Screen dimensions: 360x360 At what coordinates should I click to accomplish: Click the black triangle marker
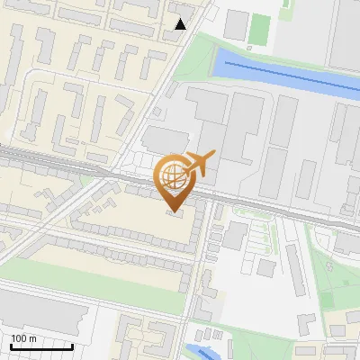181,24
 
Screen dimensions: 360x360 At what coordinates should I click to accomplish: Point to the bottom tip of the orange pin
173,212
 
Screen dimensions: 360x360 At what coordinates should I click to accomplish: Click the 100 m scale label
23,338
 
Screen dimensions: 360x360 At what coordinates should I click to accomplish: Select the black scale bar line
41,346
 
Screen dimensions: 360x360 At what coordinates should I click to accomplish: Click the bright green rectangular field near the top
260,26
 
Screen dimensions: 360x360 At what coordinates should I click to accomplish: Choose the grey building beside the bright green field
236,24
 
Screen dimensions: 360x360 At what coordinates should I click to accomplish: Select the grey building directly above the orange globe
163,139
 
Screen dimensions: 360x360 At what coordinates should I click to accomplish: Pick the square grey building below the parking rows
265,267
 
